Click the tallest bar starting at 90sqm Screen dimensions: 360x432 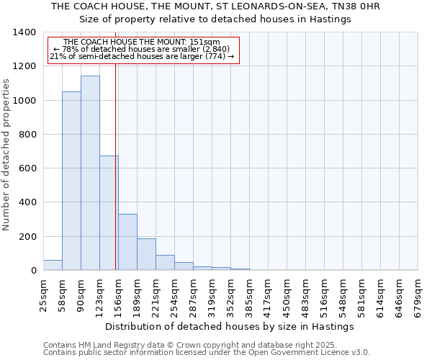click(90, 173)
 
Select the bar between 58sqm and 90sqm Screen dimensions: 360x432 click(71, 181)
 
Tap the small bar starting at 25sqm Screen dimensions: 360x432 click(53, 265)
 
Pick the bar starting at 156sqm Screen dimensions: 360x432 click(127, 242)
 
